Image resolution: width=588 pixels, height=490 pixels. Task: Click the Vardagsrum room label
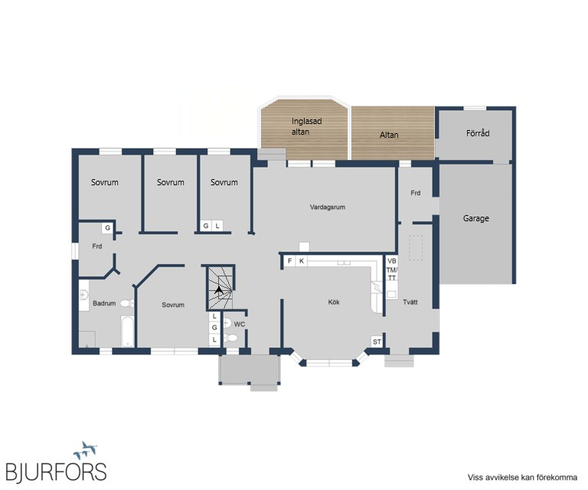pos(328,207)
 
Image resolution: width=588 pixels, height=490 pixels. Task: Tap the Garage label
pos(476,218)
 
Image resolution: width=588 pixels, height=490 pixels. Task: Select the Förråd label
pos(478,133)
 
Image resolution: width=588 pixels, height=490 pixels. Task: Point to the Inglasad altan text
pos(306,126)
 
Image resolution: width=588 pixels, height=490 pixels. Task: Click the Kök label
pos(334,302)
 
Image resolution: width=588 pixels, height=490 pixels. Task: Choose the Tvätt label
pos(410,302)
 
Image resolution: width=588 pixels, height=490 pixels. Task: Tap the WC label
pos(239,324)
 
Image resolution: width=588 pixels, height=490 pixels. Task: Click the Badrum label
pos(104,303)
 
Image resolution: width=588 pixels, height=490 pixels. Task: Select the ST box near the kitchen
pos(377,341)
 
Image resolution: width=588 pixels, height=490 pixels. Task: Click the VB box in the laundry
pos(392,260)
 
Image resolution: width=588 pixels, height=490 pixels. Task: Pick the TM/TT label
pos(392,273)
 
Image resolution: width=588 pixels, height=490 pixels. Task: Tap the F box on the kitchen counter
pos(289,261)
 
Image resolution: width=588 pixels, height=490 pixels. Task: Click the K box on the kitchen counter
pos(302,261)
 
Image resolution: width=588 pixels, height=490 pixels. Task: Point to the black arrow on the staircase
pos(219,289)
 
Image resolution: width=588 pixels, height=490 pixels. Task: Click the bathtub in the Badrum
pos(128,331)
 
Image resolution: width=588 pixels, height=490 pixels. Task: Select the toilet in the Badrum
pos(127,303)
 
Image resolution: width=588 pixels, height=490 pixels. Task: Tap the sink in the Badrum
pos(84,295)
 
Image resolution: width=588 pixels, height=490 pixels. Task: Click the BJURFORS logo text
pos(56,472)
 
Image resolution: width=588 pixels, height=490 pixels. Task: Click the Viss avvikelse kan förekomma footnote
pos(522,477)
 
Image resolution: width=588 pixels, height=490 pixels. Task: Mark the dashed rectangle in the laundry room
pos(416,248)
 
